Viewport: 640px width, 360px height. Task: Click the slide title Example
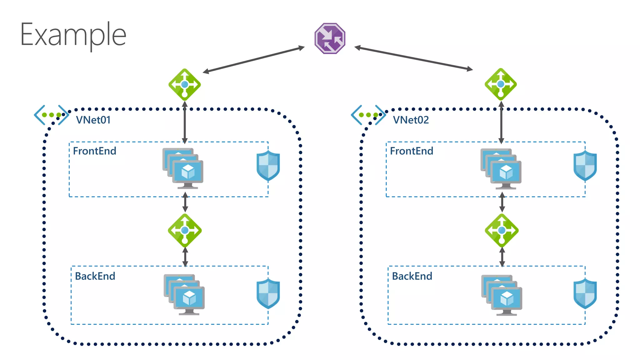pyautogui.click(x=73, y=35)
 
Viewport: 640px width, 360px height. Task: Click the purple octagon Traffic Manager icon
pyautogui.click(x=330, y=38)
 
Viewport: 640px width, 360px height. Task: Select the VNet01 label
pyautogui.click(x=93, y=120)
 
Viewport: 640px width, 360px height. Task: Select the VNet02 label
pyautogui.click(x=411, y=120)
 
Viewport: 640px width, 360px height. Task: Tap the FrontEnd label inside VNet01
pyautogui.click(x=94, y=151)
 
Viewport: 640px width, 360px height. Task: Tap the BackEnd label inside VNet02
pyautogui.click(x=412, y=276)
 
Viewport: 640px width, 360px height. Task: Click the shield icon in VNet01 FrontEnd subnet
pyautogui.click(x=268, y=166)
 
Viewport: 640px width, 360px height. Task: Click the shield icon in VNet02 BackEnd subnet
pyautogui.click(x=585, y=293)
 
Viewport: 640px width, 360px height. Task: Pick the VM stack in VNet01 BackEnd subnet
pyautogui.click(x=184, y=294)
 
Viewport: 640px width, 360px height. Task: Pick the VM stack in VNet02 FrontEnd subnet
pyautogui.click(x=501, y=169)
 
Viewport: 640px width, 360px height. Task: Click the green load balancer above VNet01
pyautogui.click(x=184, y=84)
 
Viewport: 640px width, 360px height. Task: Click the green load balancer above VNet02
pyautogui.click(x=501, y=84)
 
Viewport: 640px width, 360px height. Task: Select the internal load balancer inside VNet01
pyautogui.click(x=185, y=230)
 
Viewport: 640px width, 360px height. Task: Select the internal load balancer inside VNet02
pyautogui.click(x=502, y=230)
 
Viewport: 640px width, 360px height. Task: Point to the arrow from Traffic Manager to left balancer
pyautogui.click(x=254, y=60)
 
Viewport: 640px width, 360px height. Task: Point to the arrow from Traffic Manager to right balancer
pyautogui.click(x=413, y=58)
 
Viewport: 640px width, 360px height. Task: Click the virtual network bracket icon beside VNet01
pyautogui.click(x=51, y=115)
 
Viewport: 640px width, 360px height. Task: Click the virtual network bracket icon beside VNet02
pyautogui.click(x=368, y=115)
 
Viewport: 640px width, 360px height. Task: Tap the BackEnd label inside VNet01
pyautogui.click(x=95, y=276)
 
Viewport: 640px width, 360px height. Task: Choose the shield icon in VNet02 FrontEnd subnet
pyautogui.click(x=585, y=166)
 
